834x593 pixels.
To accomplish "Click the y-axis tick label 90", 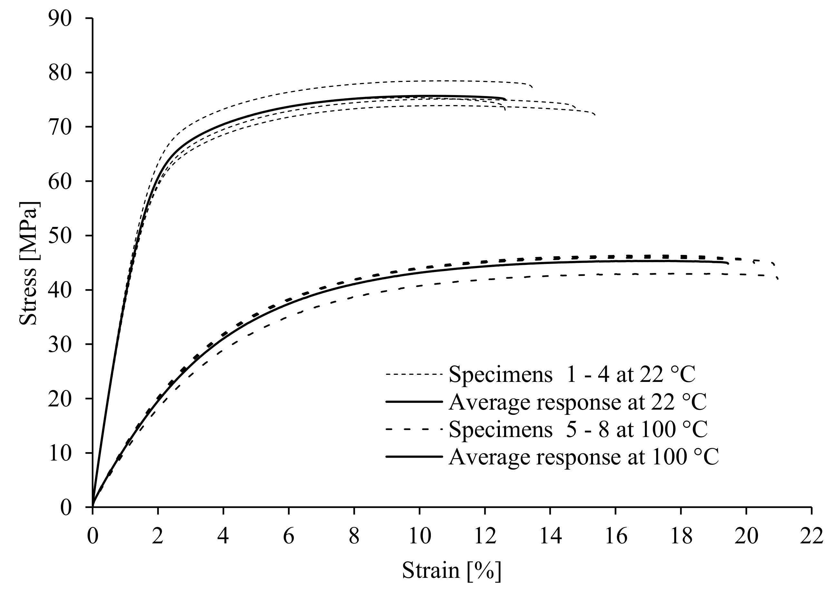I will tap(60, 18).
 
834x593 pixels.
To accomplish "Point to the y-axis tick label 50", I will tap(60, 236).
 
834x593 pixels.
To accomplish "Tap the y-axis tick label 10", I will tap(60, 453).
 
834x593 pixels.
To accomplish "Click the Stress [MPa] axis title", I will tap(28, 263).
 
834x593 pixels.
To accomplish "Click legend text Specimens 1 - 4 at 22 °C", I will tap(572, 374).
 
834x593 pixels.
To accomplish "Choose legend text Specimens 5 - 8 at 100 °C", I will tap(578, 429).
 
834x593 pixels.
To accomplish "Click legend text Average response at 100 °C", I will tap(584, 456).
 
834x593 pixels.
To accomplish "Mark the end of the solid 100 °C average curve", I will tap(728, 263).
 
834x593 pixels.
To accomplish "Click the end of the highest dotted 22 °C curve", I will tap(532, 87).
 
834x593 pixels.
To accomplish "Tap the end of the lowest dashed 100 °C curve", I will tap(778, 279).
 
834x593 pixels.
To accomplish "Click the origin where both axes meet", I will tap(93, 507).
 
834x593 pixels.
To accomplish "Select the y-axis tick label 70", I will tap(60, 127).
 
